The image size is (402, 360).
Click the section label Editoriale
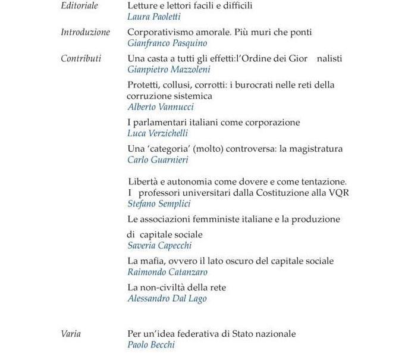[x=80, y=6]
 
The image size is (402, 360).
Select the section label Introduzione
[x=85, y=32]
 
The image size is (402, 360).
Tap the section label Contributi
[x=81, y=58]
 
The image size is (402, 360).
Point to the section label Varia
[x=71, y=334]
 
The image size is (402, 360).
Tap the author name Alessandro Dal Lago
[x=167, y=298]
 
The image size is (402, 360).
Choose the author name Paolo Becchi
[x=152, y=345]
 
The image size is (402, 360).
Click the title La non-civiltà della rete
[x=177, y=287]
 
